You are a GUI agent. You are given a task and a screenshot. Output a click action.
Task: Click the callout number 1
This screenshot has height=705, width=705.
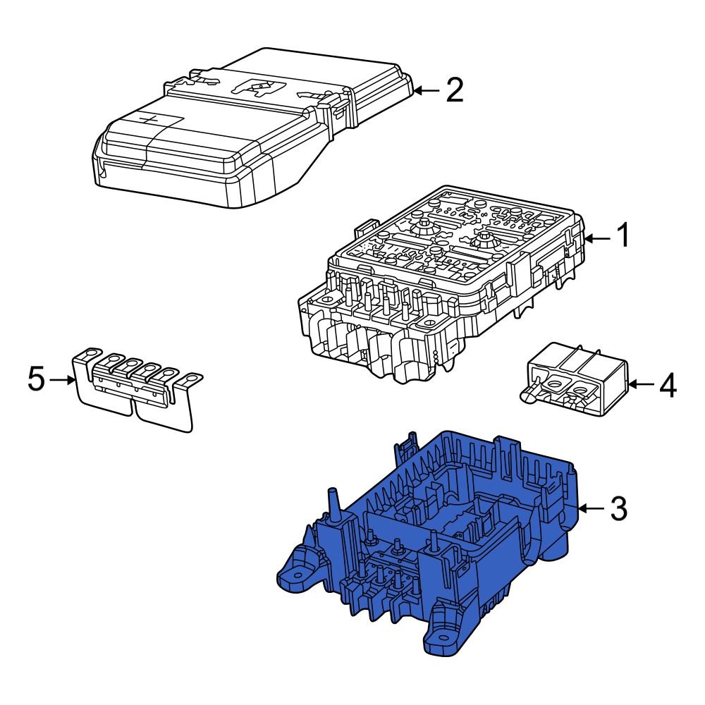coord(623,237)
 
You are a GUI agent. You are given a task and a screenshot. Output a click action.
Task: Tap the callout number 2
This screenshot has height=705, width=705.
coord(454,90)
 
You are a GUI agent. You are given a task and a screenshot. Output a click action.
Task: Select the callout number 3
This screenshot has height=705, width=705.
coord(618,508)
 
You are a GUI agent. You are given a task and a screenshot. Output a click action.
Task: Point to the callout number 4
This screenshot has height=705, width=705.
coord(667,385)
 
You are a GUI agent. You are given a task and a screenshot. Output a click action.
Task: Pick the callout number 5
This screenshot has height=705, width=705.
coord(37,380)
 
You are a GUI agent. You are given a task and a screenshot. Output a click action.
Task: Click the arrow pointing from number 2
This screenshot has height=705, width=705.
coord(427,90)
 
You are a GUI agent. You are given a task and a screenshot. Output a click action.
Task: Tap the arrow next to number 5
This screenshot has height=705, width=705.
coord(63,380)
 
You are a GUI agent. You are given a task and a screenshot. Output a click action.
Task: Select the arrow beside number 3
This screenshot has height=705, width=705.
coord(591,508)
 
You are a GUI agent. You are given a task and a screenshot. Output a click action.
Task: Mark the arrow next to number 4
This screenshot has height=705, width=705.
coord(640,385)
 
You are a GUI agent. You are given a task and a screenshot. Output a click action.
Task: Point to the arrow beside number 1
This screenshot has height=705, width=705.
coord(596,238)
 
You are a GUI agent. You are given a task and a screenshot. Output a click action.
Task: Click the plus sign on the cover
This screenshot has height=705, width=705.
coord(149,119)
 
